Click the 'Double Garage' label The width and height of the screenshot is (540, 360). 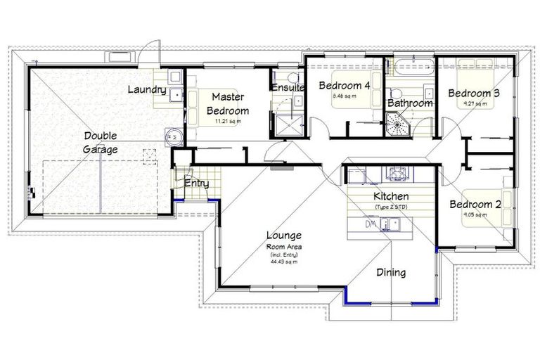100,142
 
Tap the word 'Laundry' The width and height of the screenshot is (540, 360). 147,90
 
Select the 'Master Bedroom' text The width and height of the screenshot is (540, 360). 227,103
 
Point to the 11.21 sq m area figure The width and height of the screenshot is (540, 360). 226,121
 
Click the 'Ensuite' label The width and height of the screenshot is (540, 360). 288,88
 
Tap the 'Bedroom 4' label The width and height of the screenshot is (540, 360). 344,86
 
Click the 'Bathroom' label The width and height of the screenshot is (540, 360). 409,103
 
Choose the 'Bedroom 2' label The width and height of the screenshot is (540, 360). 475,205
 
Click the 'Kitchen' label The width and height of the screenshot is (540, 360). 391,196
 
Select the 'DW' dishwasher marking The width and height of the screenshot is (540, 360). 371,224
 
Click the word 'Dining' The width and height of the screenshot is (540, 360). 390,272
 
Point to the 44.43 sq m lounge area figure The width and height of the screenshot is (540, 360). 283,261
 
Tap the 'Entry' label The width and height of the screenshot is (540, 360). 195,184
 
